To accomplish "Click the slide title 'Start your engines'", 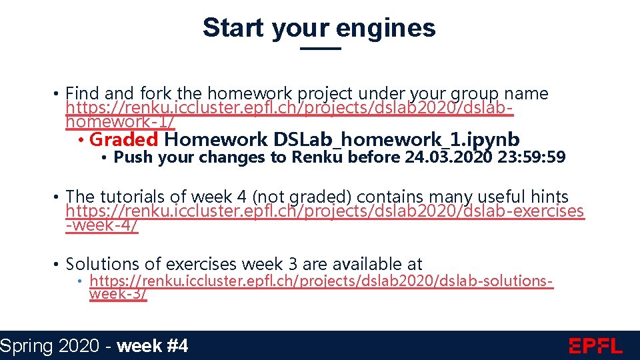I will pos(319,28).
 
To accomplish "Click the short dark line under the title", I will pos(320,49).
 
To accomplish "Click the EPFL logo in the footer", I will pos(595,346).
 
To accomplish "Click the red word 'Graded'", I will pos(123,139).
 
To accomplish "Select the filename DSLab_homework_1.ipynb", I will pos(397,139).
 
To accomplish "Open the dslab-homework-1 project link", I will pos(289,108).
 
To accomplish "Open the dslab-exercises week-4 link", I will pos(325,211).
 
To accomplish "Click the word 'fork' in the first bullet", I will pos(155,94).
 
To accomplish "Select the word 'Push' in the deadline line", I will pos(133,157).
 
